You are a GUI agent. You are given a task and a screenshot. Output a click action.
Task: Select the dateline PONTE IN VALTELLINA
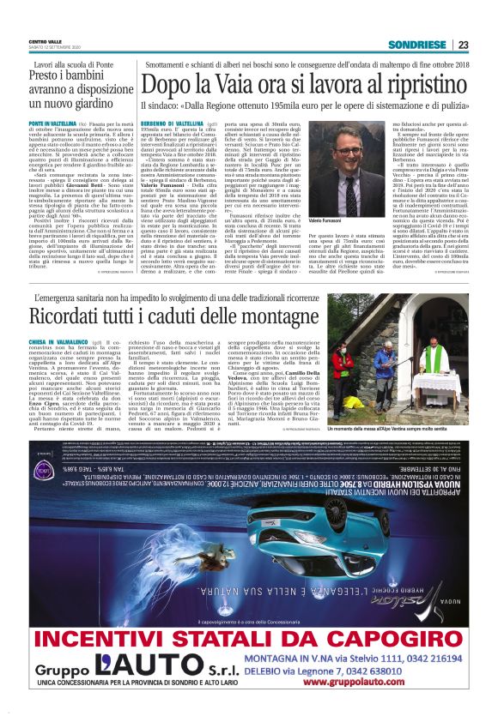coord(51,123)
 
